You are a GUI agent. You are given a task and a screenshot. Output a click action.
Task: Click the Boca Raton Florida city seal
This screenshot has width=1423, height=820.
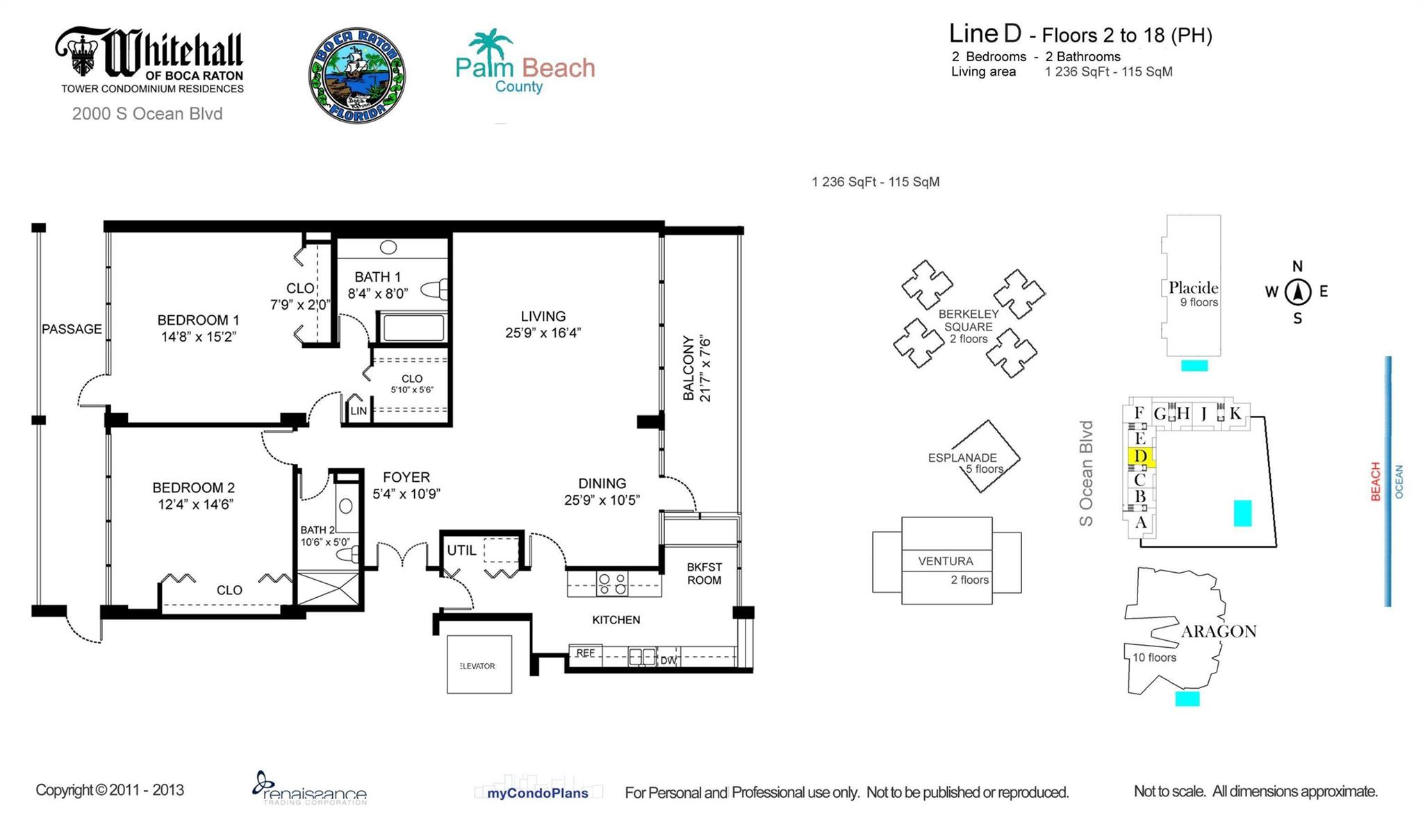click(357, 75)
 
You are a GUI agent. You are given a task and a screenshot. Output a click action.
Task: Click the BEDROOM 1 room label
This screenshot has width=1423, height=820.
click(198, 320)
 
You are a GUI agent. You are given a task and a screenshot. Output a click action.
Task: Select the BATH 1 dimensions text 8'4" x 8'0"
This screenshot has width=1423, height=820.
click(378, 293)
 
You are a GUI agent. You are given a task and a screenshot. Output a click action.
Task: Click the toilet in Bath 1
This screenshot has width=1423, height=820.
click(436, 290)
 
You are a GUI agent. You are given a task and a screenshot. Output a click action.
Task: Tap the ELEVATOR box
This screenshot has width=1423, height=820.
click(479, 664)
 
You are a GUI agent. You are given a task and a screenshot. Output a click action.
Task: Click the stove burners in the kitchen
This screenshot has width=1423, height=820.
click(612, 584)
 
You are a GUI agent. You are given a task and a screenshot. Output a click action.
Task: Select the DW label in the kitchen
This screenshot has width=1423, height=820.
click(668, 660)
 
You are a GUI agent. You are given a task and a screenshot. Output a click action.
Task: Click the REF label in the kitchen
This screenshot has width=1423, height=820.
click(585, 653)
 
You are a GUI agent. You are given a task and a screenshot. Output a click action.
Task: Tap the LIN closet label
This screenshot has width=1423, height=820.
click(359, 411)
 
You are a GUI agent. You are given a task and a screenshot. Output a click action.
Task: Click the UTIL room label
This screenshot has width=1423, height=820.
click(461, 551)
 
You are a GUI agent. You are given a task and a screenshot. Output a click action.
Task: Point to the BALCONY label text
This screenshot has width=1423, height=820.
click(689, 369)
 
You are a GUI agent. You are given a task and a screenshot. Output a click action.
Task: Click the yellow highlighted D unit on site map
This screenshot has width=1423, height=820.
click(1140, 456)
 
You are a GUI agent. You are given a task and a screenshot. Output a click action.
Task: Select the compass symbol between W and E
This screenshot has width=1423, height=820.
click(1297, 292)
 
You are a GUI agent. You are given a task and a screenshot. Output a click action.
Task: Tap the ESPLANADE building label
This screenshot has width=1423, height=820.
click(962, 458)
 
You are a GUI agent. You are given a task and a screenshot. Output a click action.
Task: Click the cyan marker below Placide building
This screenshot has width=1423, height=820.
click(1194, 365)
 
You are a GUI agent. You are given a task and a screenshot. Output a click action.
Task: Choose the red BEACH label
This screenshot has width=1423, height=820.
click(1374, 481)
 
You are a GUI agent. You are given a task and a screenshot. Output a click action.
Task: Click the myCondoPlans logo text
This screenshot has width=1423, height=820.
click(537, 793)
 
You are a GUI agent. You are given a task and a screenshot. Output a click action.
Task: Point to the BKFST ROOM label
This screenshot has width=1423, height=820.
click(704, 574)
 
